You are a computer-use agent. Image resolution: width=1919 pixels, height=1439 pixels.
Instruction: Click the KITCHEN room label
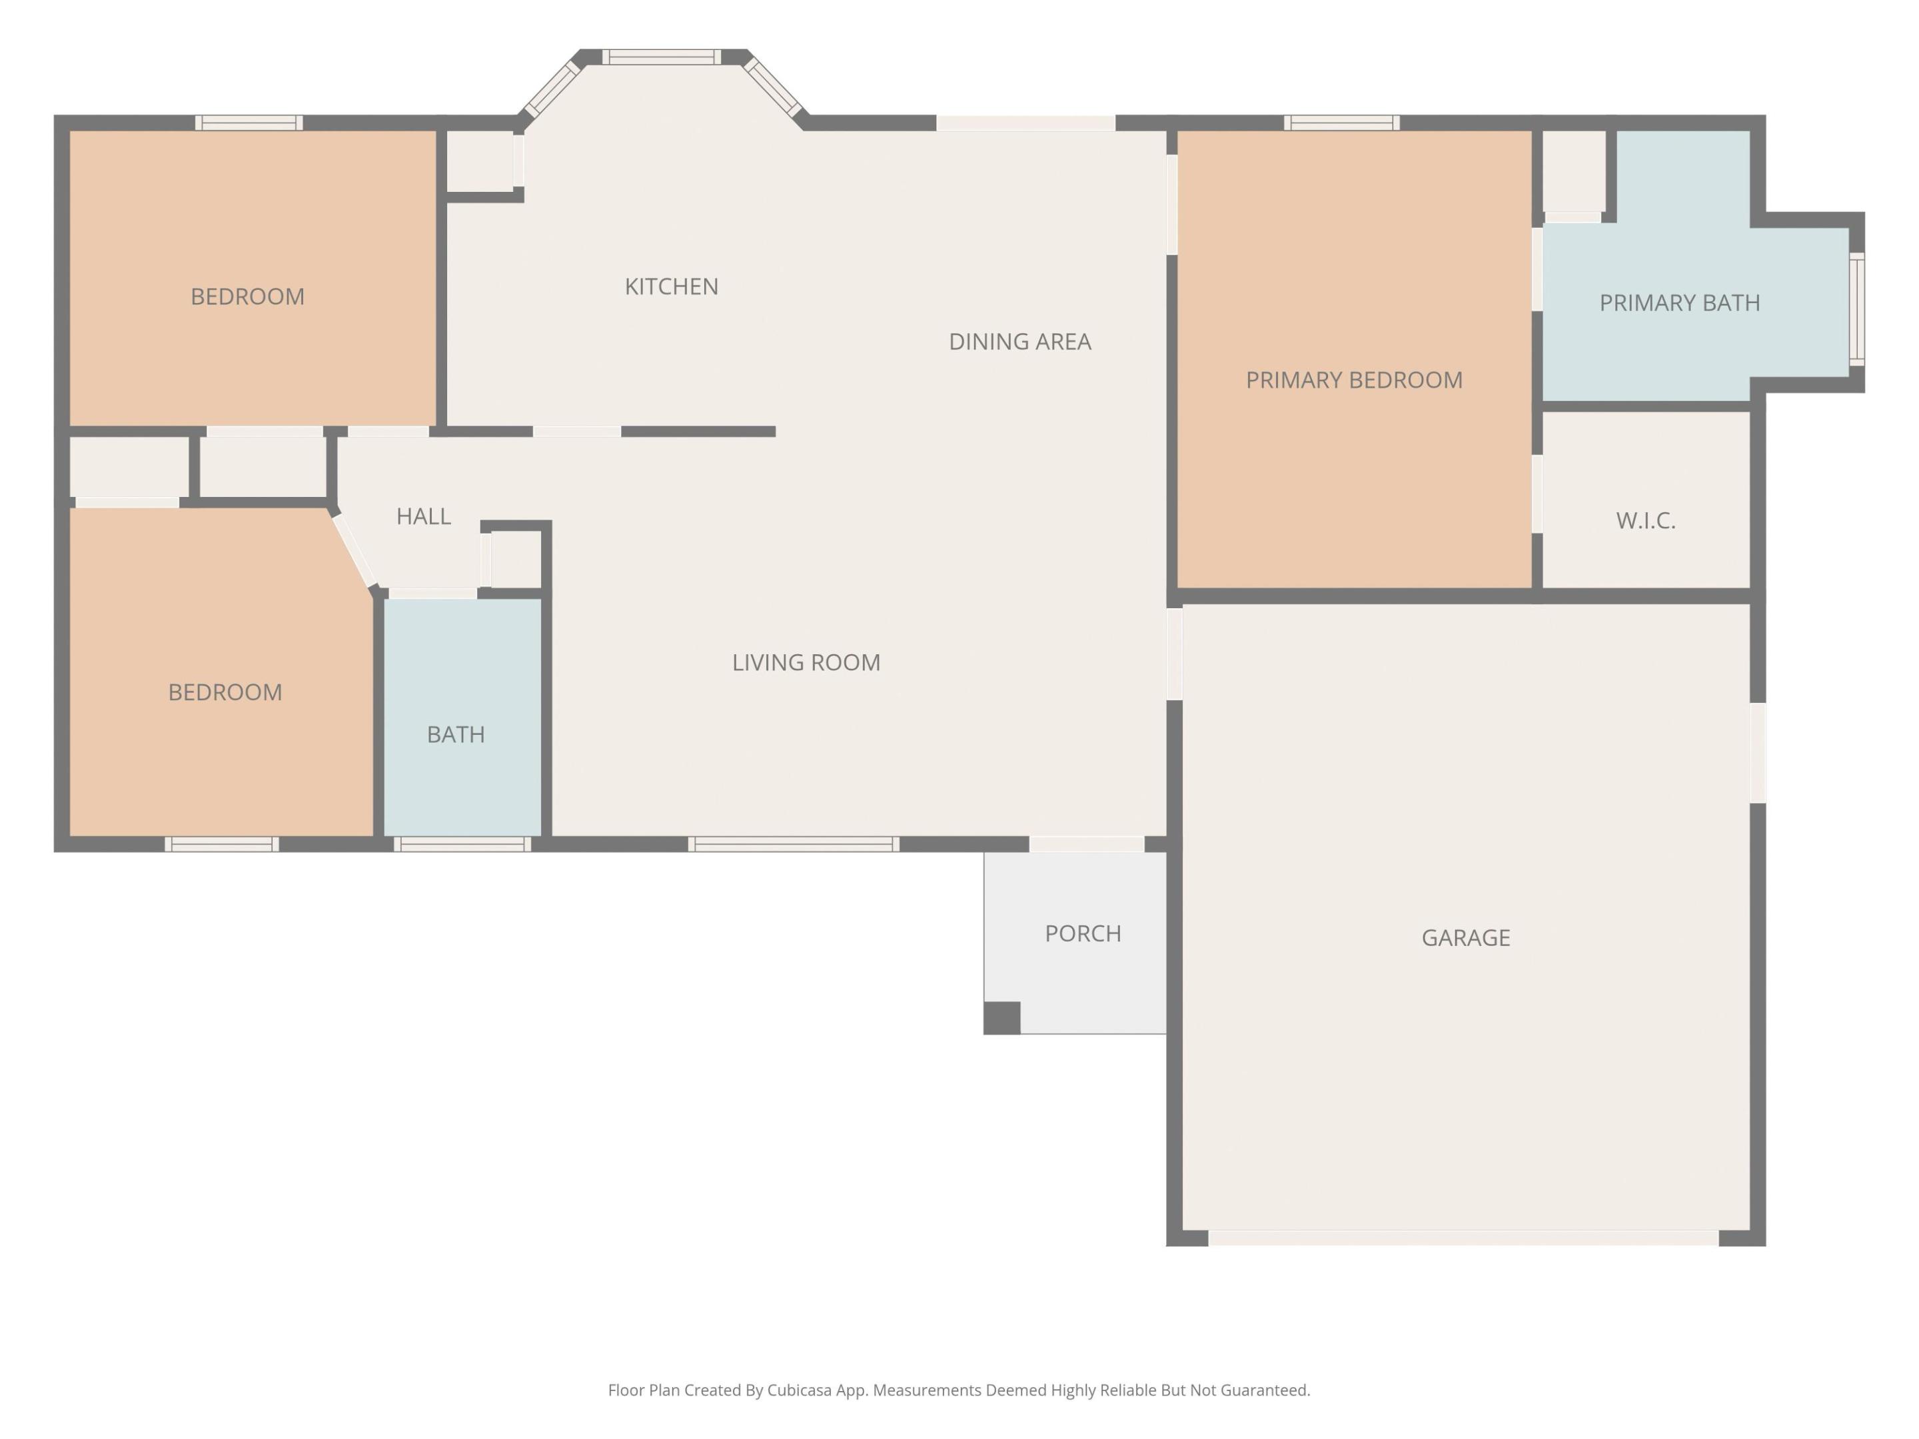pos(672,286)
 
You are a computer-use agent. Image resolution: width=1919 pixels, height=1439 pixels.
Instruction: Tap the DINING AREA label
pos(1019,342)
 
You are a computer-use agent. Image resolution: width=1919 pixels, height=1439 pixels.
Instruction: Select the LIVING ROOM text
pos(806,663)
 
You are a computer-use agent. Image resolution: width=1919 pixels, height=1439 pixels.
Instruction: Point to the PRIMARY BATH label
pos(1680,302)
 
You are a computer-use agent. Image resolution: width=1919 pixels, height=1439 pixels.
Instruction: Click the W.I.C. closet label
pos(1645,520)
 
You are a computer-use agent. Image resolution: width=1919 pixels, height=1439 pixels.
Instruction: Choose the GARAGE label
pos(1465,937)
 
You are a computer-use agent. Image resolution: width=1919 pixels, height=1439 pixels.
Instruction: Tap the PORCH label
pos(1083,933)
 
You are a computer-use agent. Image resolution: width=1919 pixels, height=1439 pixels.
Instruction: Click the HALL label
pos(423,516)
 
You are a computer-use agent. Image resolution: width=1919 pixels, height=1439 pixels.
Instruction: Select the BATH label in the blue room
pos(456,735)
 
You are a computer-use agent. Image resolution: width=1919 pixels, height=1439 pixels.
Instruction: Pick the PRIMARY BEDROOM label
pos(1353,380)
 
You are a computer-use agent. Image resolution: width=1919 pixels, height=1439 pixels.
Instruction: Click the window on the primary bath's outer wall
pos(1856,309)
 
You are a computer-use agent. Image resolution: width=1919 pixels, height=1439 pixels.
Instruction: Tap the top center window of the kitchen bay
pos(661,57)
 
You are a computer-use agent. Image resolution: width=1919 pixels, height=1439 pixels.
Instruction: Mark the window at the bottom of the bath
pos(462,844)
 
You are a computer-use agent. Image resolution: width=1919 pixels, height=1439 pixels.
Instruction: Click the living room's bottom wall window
pos(793,844)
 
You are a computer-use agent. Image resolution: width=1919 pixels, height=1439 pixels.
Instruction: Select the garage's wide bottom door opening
pos(1463,1238)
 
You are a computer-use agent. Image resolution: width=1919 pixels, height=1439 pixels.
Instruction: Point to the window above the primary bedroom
pos(1341,123)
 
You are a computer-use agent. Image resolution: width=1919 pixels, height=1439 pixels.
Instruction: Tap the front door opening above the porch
pos(1086,844)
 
